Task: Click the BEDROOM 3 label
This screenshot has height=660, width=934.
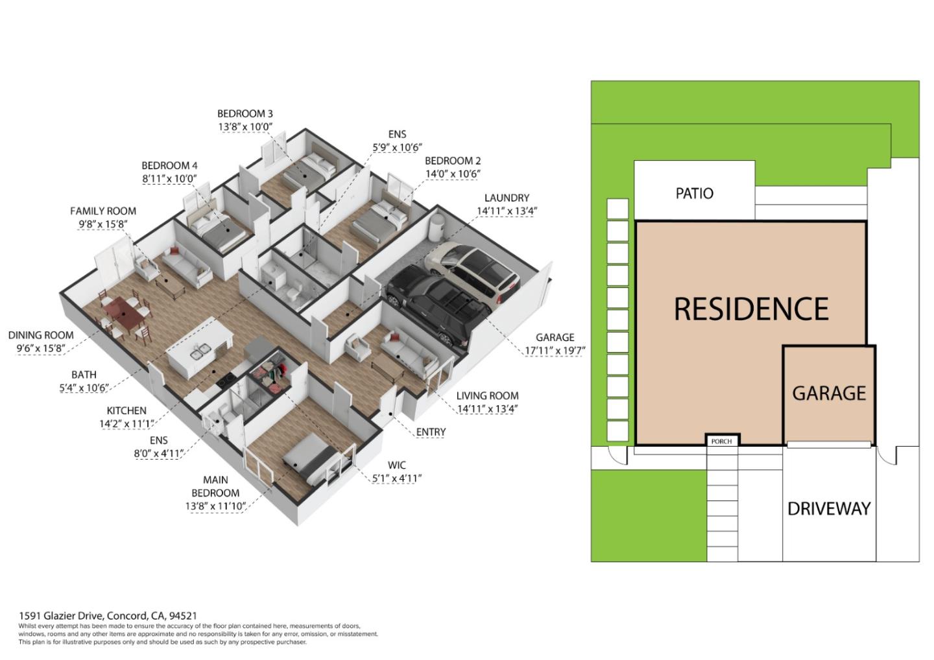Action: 245,113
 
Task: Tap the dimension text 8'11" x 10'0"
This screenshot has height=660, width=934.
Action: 169,179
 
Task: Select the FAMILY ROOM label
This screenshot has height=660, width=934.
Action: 103,211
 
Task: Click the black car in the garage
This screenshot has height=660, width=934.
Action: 438,306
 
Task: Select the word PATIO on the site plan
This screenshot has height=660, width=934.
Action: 694,193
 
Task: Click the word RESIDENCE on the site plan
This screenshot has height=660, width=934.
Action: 751,309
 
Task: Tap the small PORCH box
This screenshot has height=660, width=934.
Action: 723,440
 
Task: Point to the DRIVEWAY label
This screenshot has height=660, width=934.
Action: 829,509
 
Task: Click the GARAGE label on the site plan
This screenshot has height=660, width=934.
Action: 829,394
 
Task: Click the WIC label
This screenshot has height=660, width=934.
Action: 396,466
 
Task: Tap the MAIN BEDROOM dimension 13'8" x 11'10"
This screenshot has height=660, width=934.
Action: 215,506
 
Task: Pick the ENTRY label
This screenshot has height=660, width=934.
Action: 431,432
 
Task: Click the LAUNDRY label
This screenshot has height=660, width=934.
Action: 507,198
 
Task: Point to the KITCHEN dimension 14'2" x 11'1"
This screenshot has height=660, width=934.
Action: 126,424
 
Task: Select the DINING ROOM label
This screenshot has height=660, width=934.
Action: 41,335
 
